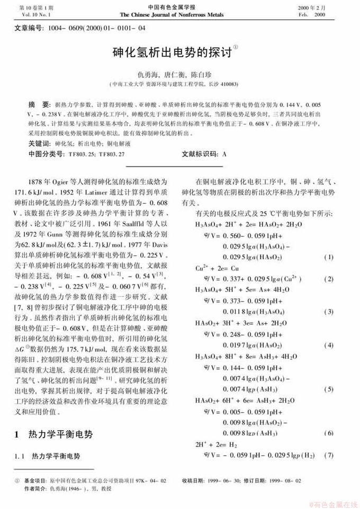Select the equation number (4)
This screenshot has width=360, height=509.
tap(328, 345)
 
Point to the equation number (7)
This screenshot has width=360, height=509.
tap(328, 455)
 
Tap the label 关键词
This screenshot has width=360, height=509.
tap(40, 143)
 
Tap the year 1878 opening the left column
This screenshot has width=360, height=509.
tap(44, 180)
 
